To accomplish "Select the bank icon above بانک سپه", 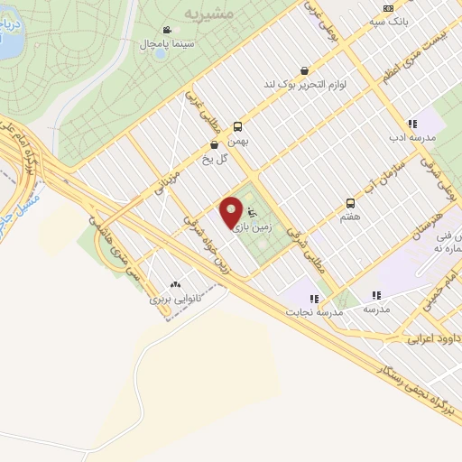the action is click(x=388, y=8).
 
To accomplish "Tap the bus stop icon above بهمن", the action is click(x=237, y=127).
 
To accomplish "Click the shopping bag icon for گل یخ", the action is click(x=214, y=144).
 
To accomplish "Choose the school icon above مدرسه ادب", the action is click(x=412, y=124).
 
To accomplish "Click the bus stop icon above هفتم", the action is click(x=350, y=204).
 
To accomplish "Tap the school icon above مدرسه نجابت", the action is click(x=314, y=298).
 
